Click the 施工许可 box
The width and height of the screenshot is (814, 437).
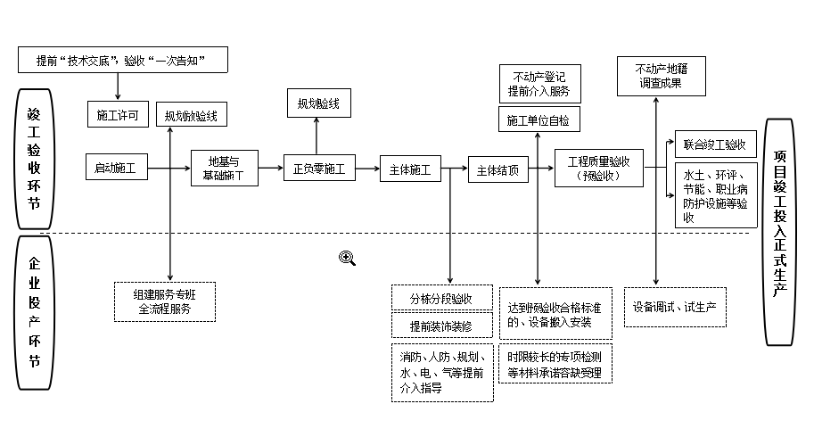pos(117,115)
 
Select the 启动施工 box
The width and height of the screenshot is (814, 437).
pos(117,167)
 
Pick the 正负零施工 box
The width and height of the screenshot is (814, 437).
pos(318,168)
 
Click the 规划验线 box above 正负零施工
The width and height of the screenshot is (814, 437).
pos(318,103)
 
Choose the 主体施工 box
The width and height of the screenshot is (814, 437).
pos(410,168)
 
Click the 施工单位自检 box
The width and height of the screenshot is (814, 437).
pos(538,120)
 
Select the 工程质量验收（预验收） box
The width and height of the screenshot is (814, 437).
pos(598,168)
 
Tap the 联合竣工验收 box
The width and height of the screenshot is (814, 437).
pos(714,144)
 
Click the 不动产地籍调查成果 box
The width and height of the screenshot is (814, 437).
pos(660,76)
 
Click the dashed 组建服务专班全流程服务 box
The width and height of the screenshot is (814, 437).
pos(165,301)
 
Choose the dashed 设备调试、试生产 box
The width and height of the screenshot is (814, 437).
pos(674,306)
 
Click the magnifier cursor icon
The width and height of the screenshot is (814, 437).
pos(347,258)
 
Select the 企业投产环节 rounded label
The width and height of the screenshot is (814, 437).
pos(34,312)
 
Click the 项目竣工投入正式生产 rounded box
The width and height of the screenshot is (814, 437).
pos(780,231)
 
